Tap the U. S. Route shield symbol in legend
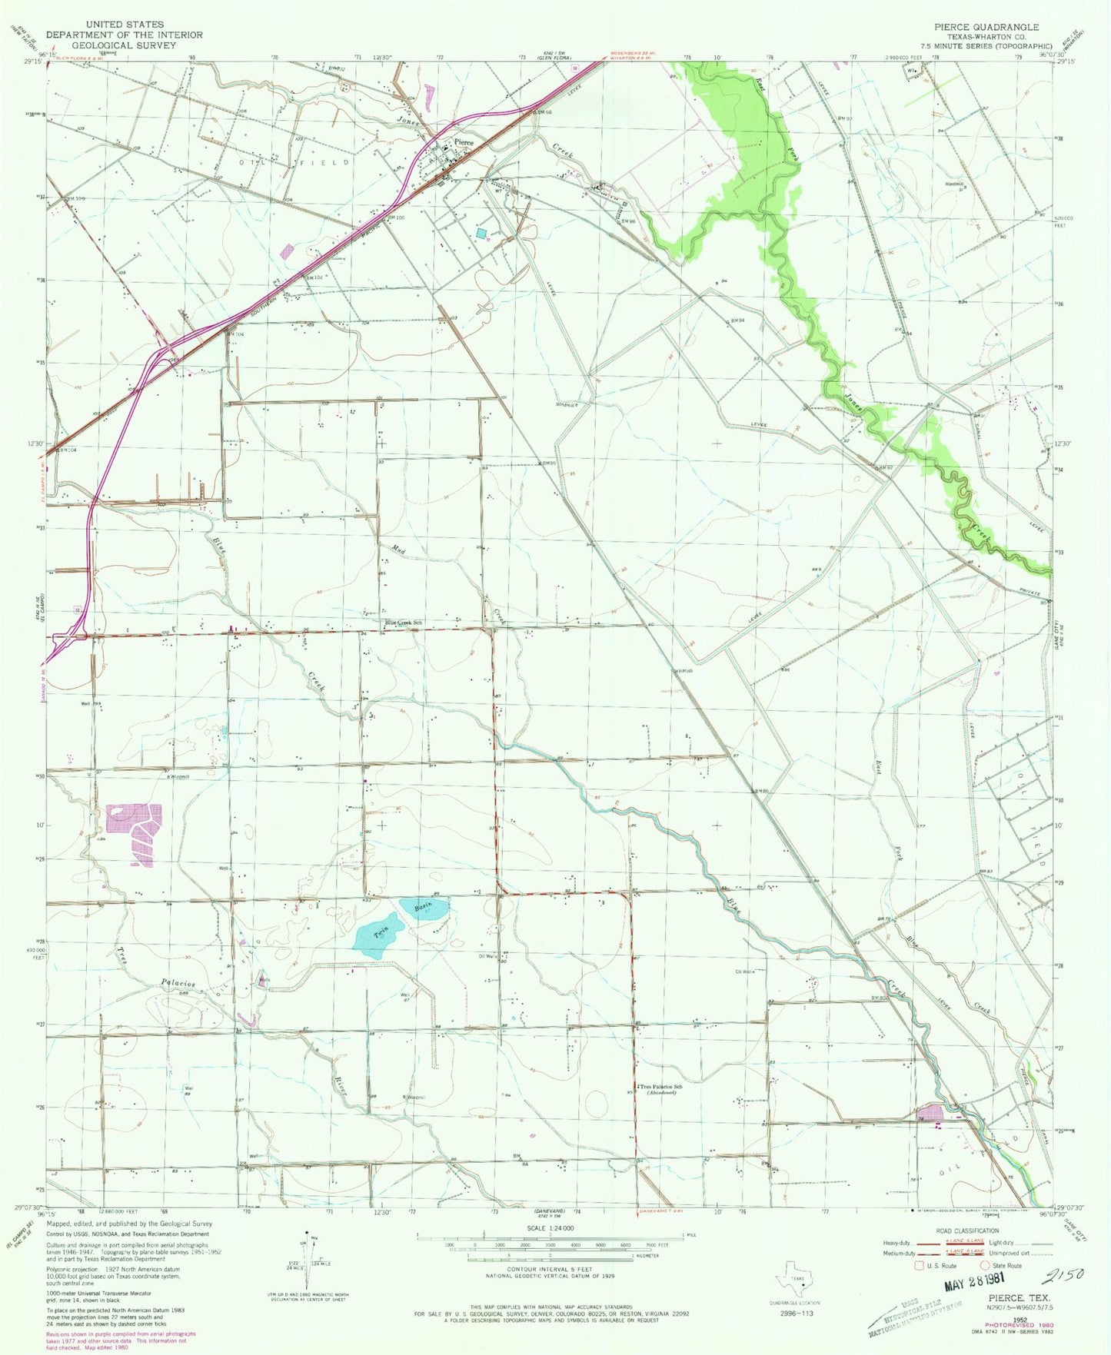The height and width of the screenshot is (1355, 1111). [916, 1265]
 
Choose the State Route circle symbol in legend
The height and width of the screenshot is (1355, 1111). [984, 1265]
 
